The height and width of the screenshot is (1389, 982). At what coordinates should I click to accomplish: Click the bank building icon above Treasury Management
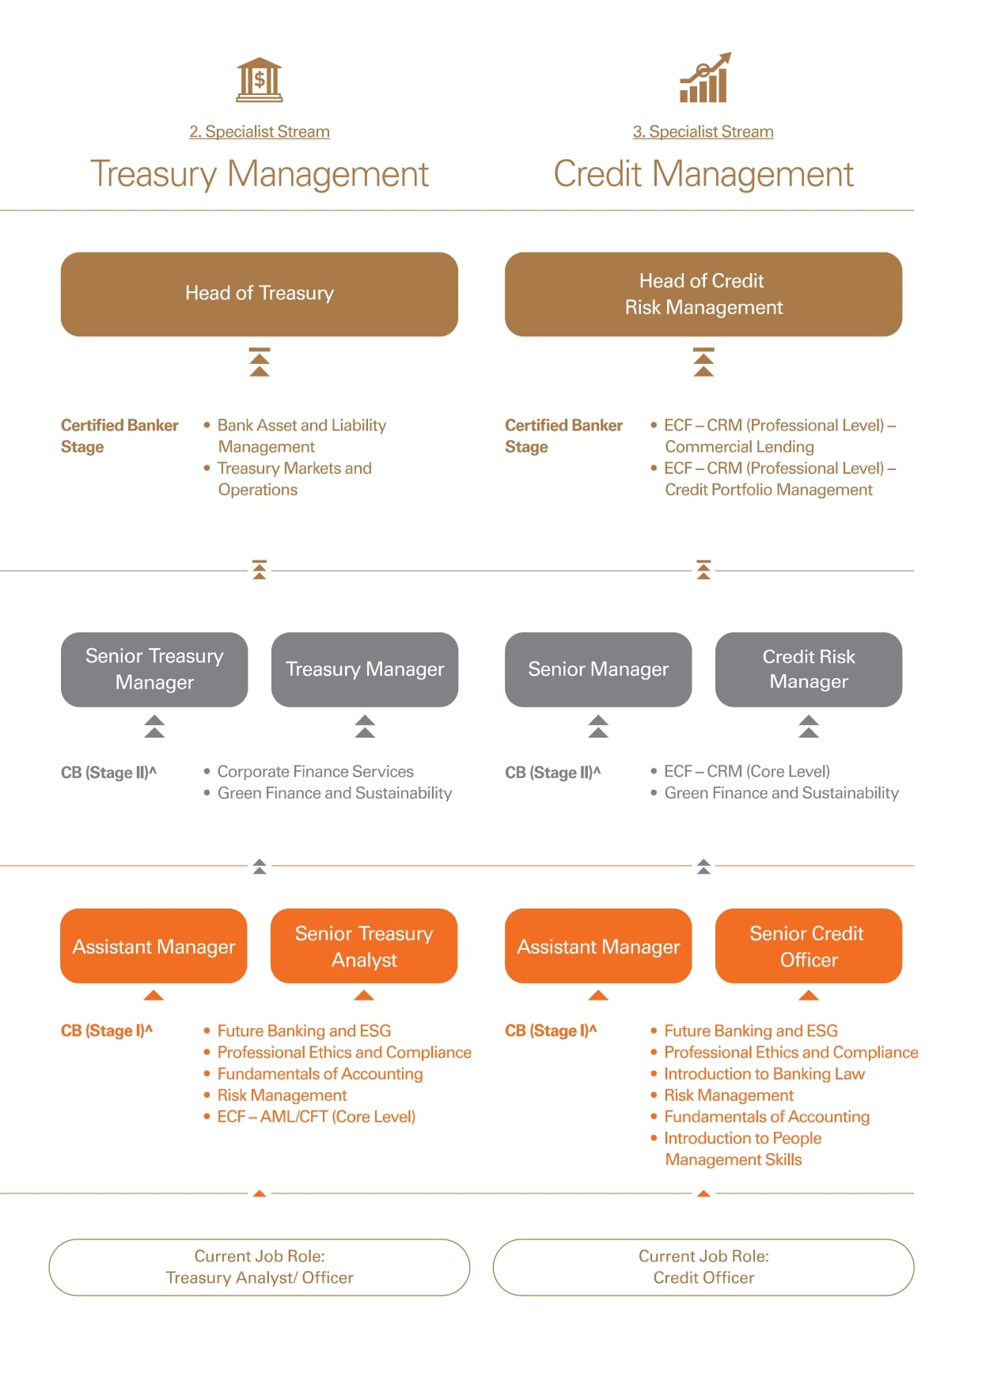260,80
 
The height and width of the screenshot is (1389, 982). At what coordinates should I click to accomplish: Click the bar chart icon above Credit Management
705,78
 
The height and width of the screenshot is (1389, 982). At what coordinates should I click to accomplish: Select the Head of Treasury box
260,294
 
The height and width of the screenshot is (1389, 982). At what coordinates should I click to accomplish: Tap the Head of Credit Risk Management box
703,294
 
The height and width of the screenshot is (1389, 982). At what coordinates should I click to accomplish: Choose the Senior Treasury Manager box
154,670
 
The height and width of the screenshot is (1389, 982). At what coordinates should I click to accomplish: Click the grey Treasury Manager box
365,670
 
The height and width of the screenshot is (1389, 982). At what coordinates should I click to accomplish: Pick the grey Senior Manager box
598,670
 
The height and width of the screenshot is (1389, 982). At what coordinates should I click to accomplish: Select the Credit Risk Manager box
809,670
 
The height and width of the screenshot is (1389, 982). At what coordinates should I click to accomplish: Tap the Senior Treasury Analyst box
364,946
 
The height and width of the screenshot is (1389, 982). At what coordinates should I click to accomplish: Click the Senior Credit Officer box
809,946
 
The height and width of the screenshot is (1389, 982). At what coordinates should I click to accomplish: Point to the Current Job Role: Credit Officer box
703,1267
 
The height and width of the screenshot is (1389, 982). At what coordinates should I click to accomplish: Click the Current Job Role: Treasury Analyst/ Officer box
260,1267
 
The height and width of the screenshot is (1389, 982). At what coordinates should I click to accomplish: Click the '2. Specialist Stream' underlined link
260,131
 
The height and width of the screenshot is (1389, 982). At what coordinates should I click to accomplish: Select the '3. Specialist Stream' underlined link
703,131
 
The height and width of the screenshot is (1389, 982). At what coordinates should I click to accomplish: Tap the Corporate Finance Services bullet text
316,772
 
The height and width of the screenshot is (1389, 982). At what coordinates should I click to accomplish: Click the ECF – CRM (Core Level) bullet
747,772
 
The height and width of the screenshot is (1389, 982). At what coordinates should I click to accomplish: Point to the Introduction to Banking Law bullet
764,1074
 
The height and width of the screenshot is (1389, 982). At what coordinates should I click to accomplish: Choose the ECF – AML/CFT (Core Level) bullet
317,1117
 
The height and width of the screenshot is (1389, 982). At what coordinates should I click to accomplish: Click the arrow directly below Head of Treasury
260,362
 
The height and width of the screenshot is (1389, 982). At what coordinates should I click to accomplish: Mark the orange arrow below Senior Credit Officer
809,995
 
